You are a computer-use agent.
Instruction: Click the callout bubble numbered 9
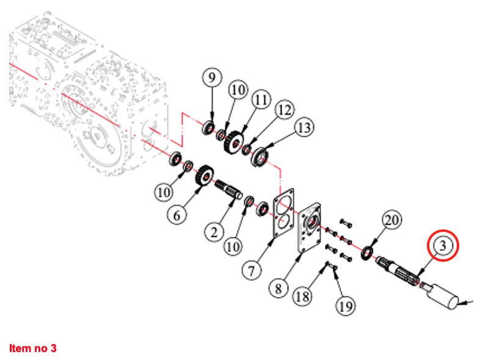[212, 77]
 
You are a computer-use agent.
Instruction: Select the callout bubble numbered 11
[261, 100]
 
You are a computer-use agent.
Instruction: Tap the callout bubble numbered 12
[285, 110]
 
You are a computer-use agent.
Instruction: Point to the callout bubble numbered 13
[304, 128]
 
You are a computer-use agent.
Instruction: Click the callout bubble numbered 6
[176, 215]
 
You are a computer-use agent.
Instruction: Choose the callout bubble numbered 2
[214, 232]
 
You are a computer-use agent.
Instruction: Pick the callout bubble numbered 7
[252, 270]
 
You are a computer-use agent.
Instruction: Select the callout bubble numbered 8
[278, 289]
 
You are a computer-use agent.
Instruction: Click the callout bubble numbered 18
[302, 296]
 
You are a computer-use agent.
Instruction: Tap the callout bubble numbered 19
[346, 306]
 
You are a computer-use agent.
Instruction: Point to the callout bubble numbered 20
[391, 220]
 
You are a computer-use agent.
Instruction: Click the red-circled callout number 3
[443, 245]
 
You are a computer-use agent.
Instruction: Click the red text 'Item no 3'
[33, 348]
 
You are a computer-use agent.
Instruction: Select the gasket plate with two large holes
[284, 213]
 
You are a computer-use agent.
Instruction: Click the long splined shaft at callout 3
[399, 271]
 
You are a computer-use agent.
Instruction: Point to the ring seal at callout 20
[366, 253]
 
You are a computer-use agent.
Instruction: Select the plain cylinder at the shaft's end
[440, 295]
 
